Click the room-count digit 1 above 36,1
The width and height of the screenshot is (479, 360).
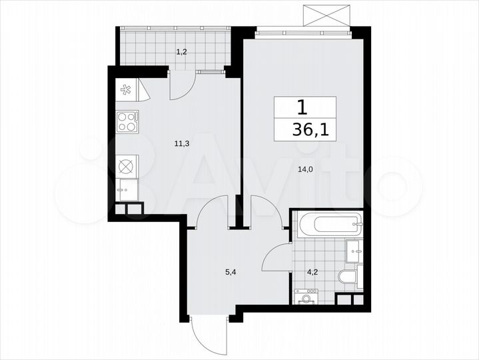303,107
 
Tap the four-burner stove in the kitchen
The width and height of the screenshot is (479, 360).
127,121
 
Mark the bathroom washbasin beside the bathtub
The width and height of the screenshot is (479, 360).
354,253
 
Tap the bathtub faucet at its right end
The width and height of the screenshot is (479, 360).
358,225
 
